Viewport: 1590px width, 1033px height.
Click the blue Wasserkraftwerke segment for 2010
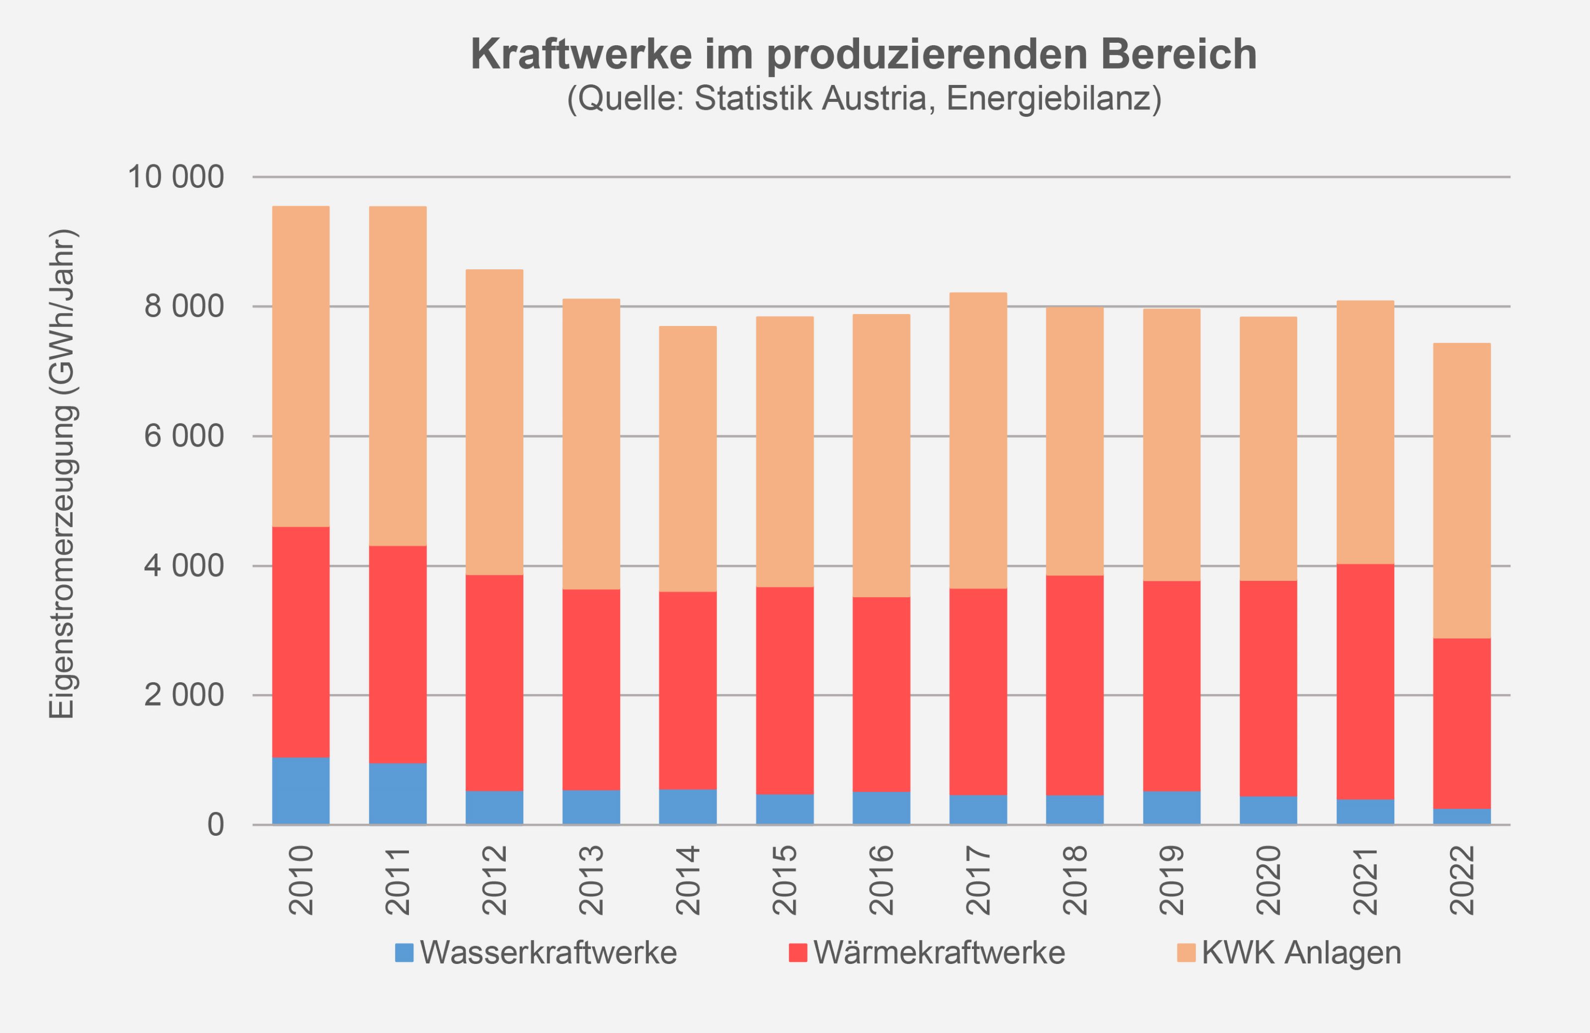point(301,791)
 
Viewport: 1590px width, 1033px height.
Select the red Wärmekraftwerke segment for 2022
point(1462,723)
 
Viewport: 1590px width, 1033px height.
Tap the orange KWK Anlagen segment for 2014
point(688,459)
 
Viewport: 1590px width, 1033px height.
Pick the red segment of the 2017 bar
point(978,692)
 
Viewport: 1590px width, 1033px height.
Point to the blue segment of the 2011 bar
point(397,794)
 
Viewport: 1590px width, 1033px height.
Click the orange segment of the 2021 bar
point(1365,432)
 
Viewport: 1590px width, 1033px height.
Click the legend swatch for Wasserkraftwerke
point(404,953)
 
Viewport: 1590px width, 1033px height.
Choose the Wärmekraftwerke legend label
point(939,953)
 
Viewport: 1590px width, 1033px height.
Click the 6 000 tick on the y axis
point(184,436)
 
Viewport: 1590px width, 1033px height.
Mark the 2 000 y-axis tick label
point(184,696)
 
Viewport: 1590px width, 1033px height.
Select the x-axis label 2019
point(1172,880)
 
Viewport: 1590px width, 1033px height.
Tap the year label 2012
point(495,880)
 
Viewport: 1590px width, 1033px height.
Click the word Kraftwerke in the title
point(581,54)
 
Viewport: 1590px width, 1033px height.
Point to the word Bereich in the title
point(1179,54)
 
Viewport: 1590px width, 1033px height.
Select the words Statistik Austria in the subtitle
point(810,98)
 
